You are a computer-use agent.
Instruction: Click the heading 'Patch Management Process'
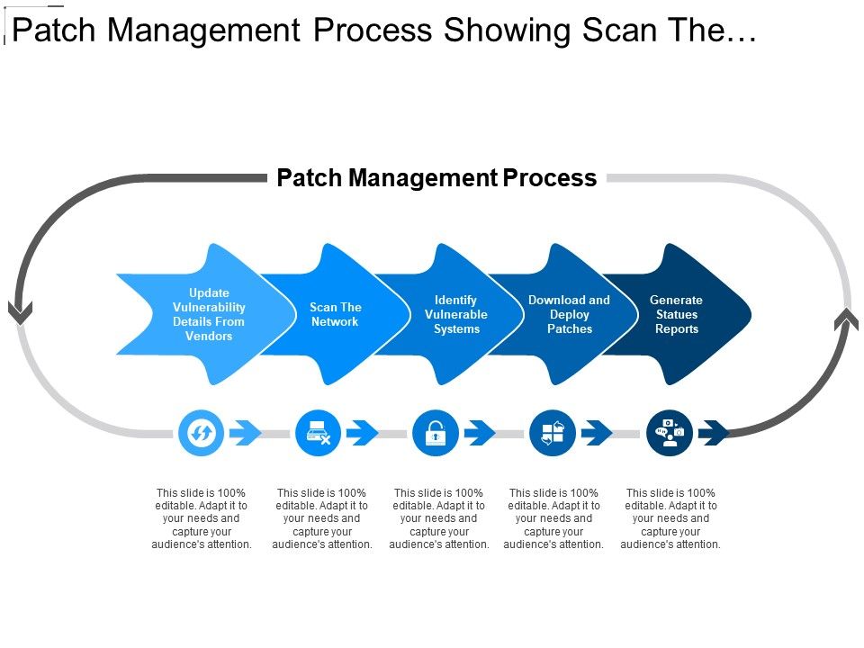coord(436,178)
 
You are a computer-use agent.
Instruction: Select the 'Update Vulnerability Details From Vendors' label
coord(209,314)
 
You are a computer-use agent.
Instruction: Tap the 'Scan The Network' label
coord(335,314)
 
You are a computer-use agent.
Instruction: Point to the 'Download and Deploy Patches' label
coord(569,314)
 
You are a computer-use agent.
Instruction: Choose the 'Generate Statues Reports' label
coord(676,314)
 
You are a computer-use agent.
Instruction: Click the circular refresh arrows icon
coord(202,433)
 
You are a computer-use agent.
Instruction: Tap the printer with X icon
coord(319,433)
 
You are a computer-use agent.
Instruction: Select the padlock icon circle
coord(435,433)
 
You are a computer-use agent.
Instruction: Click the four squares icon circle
coord(553,433)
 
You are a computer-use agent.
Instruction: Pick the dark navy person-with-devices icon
coord(670,433)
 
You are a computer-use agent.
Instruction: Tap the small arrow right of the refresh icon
coord(245,433)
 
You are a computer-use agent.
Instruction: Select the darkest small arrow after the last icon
coord(714,433)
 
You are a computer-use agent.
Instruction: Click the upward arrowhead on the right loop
coord(846,319)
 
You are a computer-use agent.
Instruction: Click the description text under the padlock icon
coord(439,518)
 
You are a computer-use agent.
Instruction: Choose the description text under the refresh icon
coord(202,518)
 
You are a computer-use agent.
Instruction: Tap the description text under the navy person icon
coord(670,518)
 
